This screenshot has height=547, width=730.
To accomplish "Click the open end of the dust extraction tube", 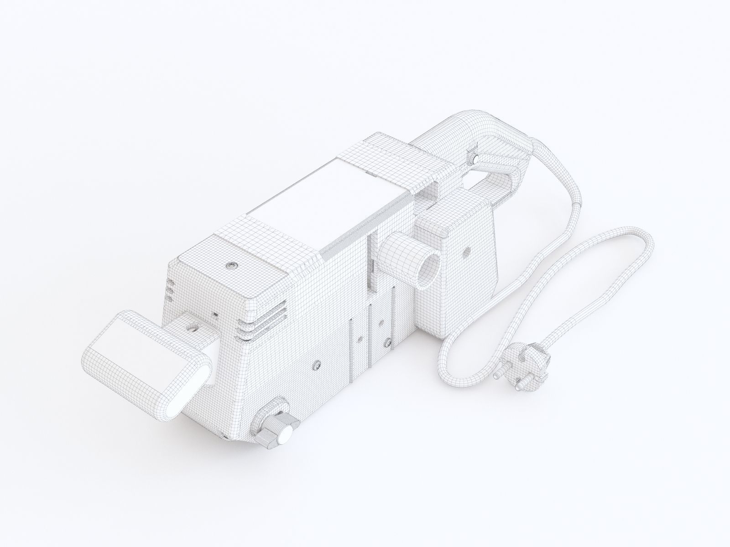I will click(431, 269).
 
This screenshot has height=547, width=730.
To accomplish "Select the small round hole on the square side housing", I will click(467, 251).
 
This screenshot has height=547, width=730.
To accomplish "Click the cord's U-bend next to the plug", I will click(447, 374).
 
